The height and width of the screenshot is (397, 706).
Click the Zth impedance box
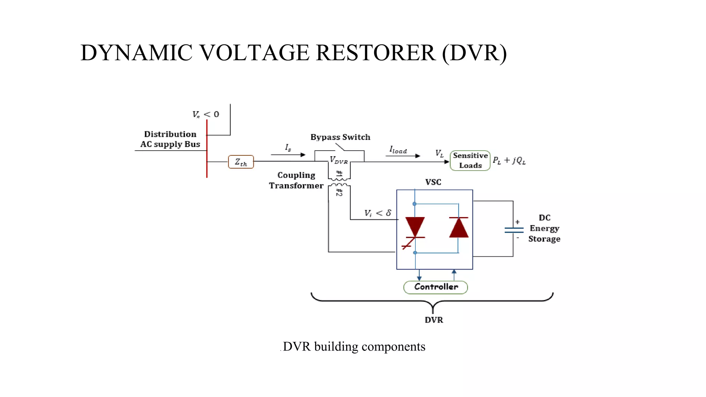pos(241,162)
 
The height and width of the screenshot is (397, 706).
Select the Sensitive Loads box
pos(470,161)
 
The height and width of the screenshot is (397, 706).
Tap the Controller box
pos(436,287)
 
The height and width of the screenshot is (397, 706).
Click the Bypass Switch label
pos(340,137)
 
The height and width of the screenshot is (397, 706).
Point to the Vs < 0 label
pos(205,114)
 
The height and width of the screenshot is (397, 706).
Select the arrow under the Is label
pos(288,155)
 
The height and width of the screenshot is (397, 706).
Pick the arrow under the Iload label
pos(403,156)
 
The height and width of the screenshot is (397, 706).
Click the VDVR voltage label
pos(339,160)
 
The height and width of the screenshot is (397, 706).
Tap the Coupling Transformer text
pos(296,180)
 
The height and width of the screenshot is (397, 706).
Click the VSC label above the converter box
pos(433,182)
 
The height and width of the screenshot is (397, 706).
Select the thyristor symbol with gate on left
pos(415,229)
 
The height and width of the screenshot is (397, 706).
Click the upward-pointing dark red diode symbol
pos(459,227)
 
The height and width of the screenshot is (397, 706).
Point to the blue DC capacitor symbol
pos(514,230)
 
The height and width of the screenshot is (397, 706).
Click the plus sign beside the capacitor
pos(517,222)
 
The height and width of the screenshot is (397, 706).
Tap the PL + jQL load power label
pos(509,161)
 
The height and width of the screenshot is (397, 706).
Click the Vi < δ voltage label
pos(378,213)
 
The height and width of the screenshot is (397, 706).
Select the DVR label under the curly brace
pos(434,320)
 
